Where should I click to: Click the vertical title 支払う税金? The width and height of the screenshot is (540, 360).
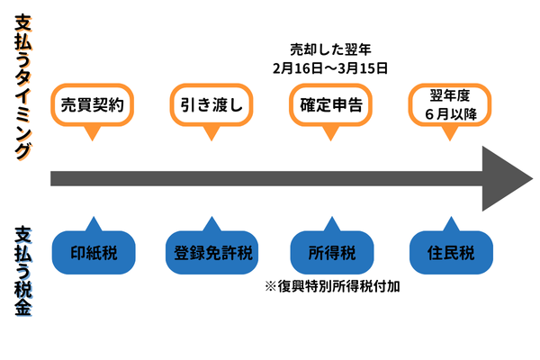24,270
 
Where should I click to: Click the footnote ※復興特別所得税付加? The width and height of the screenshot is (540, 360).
331,287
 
